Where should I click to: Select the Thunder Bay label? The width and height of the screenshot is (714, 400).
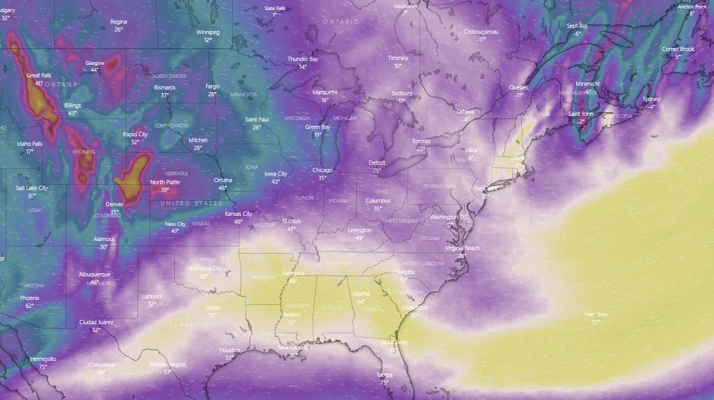click(x=303, y=59)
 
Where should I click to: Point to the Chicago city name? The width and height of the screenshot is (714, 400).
click(x=322, y=170)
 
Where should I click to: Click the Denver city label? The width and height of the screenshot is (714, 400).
click(x=114, y=204)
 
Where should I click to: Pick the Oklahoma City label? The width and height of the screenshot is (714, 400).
click(x=204, y=269)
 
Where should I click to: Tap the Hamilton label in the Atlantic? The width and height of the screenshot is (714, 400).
click(x=596, y=314)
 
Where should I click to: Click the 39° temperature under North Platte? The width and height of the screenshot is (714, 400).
click(x=165, y=190)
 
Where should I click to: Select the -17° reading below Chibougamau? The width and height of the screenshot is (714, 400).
click(x=481, y=39)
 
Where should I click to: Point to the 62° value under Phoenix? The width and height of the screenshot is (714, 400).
click(x=29, y=305)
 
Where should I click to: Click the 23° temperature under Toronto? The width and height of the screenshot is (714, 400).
click(x=421, y=149)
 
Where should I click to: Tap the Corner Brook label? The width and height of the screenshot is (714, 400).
click(x=678, y=49)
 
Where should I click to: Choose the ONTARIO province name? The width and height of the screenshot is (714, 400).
click(x=341, y=21)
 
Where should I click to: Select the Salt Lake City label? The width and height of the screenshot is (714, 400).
click(x=32, y=188)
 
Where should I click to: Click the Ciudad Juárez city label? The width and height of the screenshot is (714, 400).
click(x=96, y=322)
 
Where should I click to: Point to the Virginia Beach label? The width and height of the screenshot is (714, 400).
click(x=461, y=248)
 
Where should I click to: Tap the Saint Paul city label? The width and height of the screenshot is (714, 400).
click(x=257, y=119)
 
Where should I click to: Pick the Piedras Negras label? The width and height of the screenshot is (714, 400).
click(x=167, y=364)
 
